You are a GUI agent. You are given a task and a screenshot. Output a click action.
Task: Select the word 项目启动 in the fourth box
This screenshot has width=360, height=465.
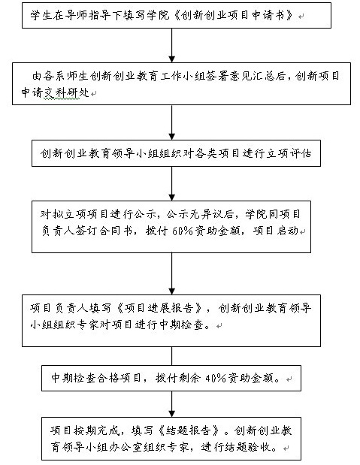275,231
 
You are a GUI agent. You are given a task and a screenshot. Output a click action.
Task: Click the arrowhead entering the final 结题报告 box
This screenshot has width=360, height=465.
172,414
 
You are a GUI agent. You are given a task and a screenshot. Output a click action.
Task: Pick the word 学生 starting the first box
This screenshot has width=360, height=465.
41,16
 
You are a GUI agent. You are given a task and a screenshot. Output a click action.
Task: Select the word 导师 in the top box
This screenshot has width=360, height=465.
76,16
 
